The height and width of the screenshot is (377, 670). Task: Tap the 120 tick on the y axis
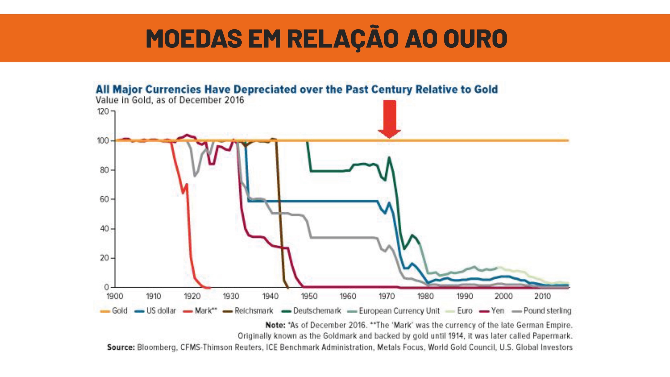(x=103, y=111)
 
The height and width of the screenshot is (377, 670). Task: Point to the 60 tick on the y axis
(x=103, y=200)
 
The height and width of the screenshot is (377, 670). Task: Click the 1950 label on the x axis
(x=309, y=296)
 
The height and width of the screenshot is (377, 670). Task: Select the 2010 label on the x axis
(x=542, y=296)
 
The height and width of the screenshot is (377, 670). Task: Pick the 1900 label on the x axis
(x=115, y=296)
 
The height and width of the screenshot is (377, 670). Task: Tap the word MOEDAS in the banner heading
(x=194, y=38)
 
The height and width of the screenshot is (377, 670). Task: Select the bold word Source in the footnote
(x=121, y=347)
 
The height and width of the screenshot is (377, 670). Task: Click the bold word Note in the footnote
(x=275, y=325)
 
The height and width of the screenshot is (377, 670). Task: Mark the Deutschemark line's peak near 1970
(x=389, y=157)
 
